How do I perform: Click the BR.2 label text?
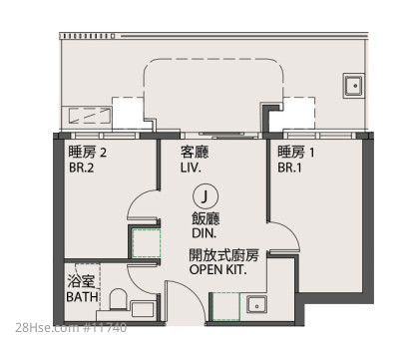[x=82, y=168]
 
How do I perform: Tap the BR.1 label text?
[x=289, y=168]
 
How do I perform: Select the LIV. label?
[x=191, y=168]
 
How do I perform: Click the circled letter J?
[x=205, y=196]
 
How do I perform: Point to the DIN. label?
[x=204, y=233]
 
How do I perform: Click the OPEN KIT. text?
[x=218, y=269]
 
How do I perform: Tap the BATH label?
[x=82, y=296]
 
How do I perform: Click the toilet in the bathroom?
[x=118, y=299]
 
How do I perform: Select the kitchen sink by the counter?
[x=256, y=304]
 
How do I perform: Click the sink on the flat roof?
[x=353, y=86]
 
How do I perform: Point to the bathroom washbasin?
[x=143, y=309]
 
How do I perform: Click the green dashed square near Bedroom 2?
[x=147, y=243]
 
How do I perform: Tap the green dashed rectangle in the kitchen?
[x=226, y=306]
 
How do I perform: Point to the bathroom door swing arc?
[x=136, y=285]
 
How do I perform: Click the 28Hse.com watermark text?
[x=71, y=327]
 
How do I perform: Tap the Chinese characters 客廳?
[x=195, y=153]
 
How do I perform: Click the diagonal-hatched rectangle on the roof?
[x=90, y=115]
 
